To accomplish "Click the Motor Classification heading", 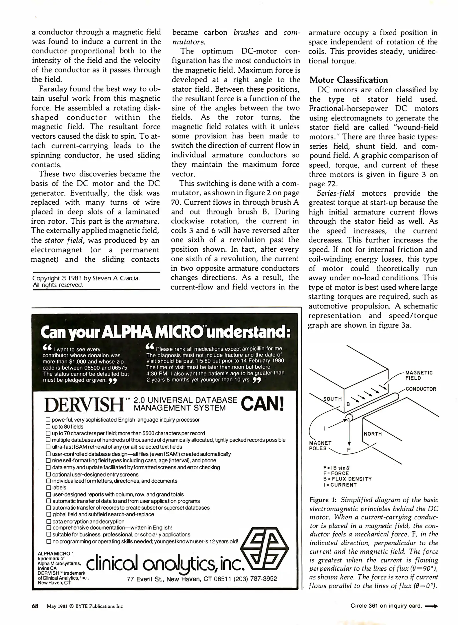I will [x=349, y=80].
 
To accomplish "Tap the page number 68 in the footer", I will [x=35, y=606].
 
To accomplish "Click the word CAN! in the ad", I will [x=262, y=404].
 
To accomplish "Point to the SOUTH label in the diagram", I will [x=332, y=399].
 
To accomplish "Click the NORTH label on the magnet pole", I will [x=373, y=434].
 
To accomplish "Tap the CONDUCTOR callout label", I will [x=421, y=389].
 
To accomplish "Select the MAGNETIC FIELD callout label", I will [x=419, y=375].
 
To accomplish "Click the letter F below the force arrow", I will [x=349, y=450].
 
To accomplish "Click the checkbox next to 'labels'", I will [x=48, y=488].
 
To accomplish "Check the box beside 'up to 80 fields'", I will [x=48, y=427].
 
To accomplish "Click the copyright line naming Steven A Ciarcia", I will [x=86, y=278].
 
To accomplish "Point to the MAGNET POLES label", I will [x=320, y=446].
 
